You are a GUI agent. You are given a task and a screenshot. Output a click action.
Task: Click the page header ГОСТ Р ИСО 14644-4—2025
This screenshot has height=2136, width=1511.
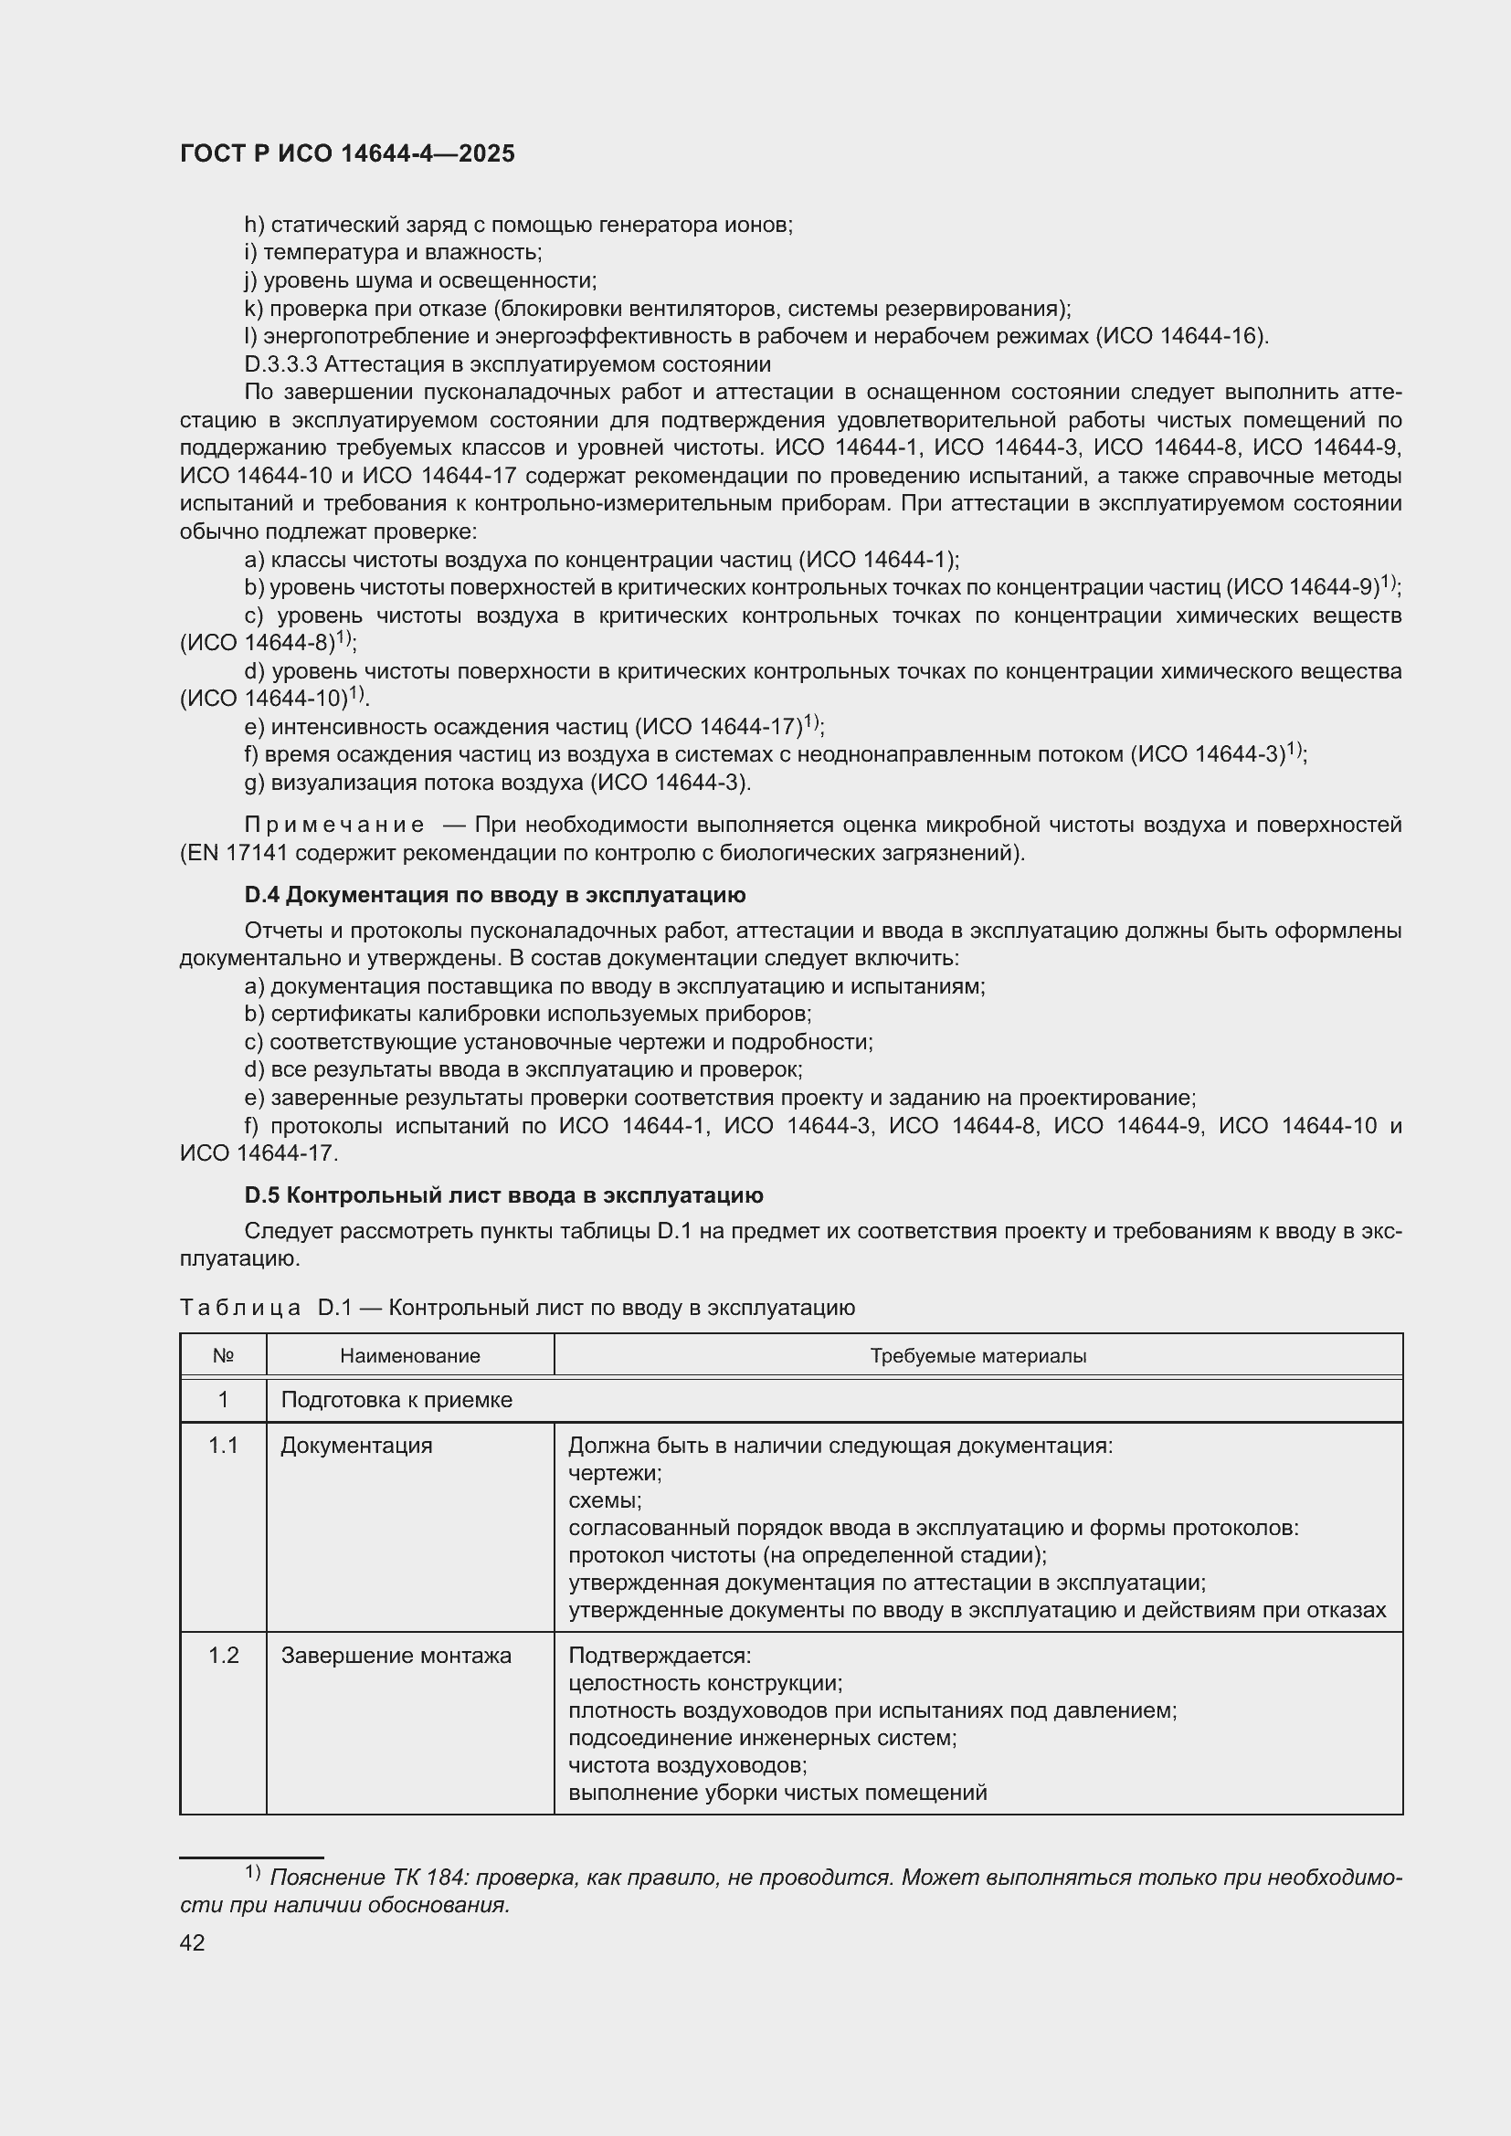pos(346,154)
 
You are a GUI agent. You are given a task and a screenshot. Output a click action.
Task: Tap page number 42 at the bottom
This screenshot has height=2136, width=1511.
pos(192,1942)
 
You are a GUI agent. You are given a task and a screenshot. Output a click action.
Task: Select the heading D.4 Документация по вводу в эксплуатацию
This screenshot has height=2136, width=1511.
pos(494,895)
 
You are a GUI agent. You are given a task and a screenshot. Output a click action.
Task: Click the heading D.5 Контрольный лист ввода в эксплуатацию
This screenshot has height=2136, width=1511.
pos(503,1195)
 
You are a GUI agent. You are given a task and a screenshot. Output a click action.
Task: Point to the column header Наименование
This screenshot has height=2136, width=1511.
pos(409,1355)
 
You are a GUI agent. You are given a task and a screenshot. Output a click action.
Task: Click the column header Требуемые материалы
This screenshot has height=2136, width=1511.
pos(977,1355)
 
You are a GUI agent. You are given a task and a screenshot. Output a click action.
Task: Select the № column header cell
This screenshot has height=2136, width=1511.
pos(222,1355)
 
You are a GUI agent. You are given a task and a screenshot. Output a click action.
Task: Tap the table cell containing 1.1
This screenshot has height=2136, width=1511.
pos(223,1446)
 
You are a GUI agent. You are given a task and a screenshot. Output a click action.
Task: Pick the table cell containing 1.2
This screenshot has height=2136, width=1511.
pos(223,1656)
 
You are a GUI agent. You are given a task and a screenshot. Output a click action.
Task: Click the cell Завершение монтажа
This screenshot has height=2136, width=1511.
pos(396,1656)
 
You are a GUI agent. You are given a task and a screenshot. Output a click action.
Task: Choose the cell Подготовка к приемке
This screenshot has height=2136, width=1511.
pos(396,1400)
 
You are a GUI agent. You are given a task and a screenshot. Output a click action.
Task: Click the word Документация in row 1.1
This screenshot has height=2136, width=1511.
pos(356,1446)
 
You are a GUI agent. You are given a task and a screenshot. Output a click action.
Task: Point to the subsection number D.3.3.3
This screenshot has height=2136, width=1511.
pos(280,364)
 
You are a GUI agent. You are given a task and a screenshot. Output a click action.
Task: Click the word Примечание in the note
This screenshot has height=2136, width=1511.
pos(334,826)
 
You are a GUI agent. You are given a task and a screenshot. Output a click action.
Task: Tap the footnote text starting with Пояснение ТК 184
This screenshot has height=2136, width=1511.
pos(791,1878)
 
